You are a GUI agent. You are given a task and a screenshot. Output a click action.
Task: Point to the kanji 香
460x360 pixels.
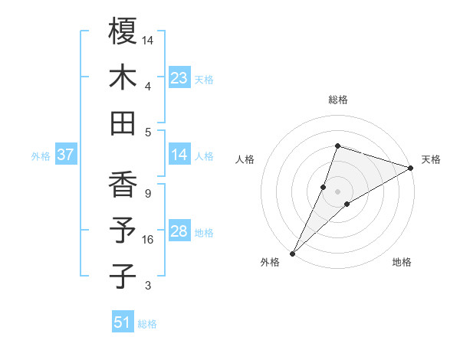[123, 185]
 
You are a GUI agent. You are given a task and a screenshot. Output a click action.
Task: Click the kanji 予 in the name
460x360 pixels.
[123, 231]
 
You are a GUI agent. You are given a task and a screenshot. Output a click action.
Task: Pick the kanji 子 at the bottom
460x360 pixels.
[123, 276]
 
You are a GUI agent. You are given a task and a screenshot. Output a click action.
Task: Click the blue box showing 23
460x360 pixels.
[179, 78]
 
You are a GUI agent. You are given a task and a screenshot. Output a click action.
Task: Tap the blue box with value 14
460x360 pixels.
[179, 155]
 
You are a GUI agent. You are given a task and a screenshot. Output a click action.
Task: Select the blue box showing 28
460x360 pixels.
[179, 232]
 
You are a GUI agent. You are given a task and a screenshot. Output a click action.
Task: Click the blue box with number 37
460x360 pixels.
[66, 155]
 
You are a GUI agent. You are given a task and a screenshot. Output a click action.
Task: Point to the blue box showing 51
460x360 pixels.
[123, 322]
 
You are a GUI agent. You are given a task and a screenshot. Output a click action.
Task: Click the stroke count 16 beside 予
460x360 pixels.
[148, 240]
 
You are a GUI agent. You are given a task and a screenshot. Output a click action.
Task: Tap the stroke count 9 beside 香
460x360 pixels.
[147, 193]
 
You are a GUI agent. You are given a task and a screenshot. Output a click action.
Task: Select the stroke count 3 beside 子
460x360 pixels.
[147, 286]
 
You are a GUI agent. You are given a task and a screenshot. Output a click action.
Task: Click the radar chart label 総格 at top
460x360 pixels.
[337, 100]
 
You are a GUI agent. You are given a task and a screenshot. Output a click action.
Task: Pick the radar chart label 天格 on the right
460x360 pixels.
[431, 159]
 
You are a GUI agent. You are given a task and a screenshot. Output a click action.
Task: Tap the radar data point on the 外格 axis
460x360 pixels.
[292, 253]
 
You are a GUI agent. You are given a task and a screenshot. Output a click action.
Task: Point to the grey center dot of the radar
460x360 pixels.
[337, 191]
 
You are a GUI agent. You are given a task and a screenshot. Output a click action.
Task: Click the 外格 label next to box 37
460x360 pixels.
[41, 156]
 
